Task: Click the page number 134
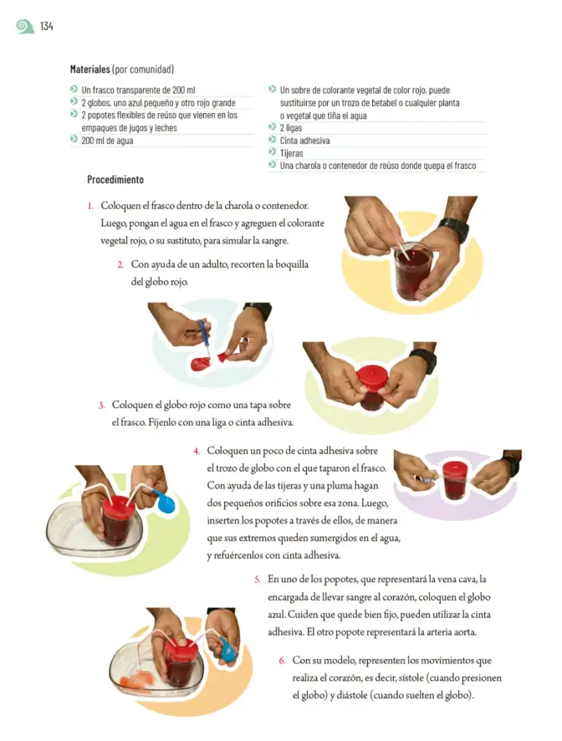pyautogui.click(x=46, y=27)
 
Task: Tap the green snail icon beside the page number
pyautogui.click(x=25, y=27)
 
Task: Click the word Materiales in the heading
pyautogui.click(x=89, y=69)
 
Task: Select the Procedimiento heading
pyautogui.click(x=115, y=180)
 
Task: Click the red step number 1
pyautogui.click(x=90, y=206)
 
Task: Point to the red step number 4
pyautogui.click(x=197, y=452)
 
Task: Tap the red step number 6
pyautogui.click(x=282, y=661)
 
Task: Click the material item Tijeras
pyautogui.click(x=291, y=153)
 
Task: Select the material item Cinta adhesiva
pyautogui.click(x=305, y=141)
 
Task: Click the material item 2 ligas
pyautogui.click(x=291, y=128)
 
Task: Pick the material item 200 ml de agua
pyautogui.click(x=107, y=141)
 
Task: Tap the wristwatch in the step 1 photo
pyautogui.click(x=454, y=229)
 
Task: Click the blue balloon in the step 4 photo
pyautogui.click(x=165, y=502)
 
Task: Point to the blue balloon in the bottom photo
pyautogui.click(x=227, y=651)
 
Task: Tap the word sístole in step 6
pyautogui.click(x=411, y=678)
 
